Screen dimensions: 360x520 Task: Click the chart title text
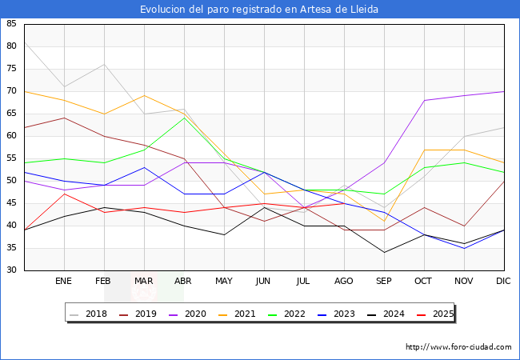coord(259,10)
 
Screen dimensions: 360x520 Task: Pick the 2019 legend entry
coord(143,314)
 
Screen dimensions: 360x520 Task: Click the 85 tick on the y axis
coord(11,24)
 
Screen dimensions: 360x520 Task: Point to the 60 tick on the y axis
coord(11,136)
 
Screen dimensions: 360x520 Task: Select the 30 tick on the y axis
coord(11,270)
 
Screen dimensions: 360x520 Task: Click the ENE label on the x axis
coord(64,282)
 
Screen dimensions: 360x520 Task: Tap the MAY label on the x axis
coord(224,282)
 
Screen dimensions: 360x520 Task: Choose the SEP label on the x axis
coord(384,282)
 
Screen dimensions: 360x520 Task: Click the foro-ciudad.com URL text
coord(458,347)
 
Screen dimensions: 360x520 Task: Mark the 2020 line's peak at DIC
coord(504,91)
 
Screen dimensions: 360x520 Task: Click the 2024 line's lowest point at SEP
coord(384,253)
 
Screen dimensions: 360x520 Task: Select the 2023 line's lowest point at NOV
coord(464,248)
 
